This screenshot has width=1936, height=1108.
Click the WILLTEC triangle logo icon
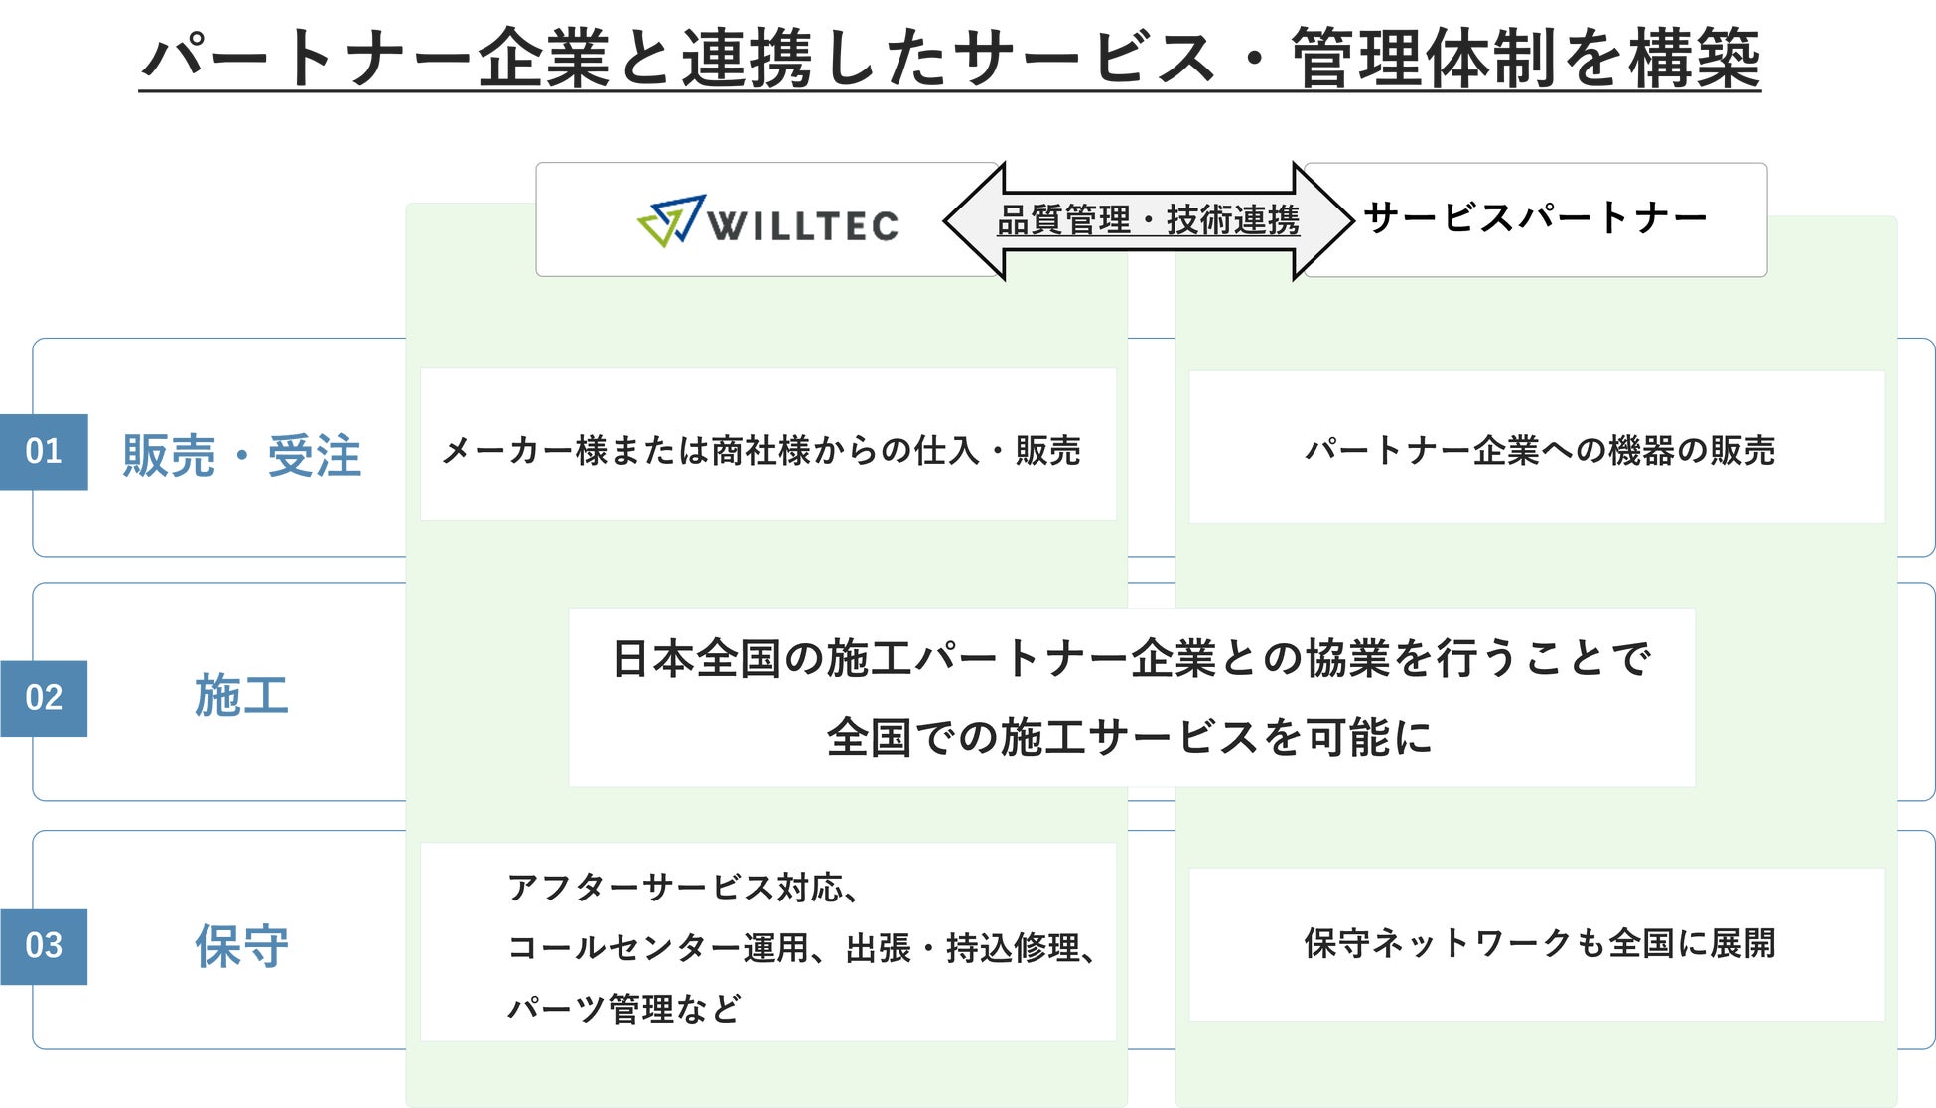coord(671,219)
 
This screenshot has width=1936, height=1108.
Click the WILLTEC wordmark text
coord(802,225)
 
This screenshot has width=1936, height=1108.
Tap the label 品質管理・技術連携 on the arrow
coord(1148,219)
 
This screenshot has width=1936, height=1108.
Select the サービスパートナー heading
coord(1535,217)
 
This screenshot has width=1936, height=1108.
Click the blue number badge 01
coord(44,452)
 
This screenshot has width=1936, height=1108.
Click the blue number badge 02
coord(44,698)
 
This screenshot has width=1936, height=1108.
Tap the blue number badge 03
coord(44,946)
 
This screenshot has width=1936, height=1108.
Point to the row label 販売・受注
coord(241,456)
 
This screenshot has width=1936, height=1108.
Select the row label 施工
coord(241,695)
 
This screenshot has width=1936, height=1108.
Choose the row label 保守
coord(241,945)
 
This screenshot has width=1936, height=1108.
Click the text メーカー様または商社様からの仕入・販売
coord(761,450)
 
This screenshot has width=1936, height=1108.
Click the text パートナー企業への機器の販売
coord(1539,450)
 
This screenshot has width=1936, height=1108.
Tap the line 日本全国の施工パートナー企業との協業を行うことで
coord(1131,659)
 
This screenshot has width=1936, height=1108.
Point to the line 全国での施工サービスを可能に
coord(1130,737)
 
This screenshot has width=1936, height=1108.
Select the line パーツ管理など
coord(623,1009)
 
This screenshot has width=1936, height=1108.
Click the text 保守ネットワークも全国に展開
coord(1539,943)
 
